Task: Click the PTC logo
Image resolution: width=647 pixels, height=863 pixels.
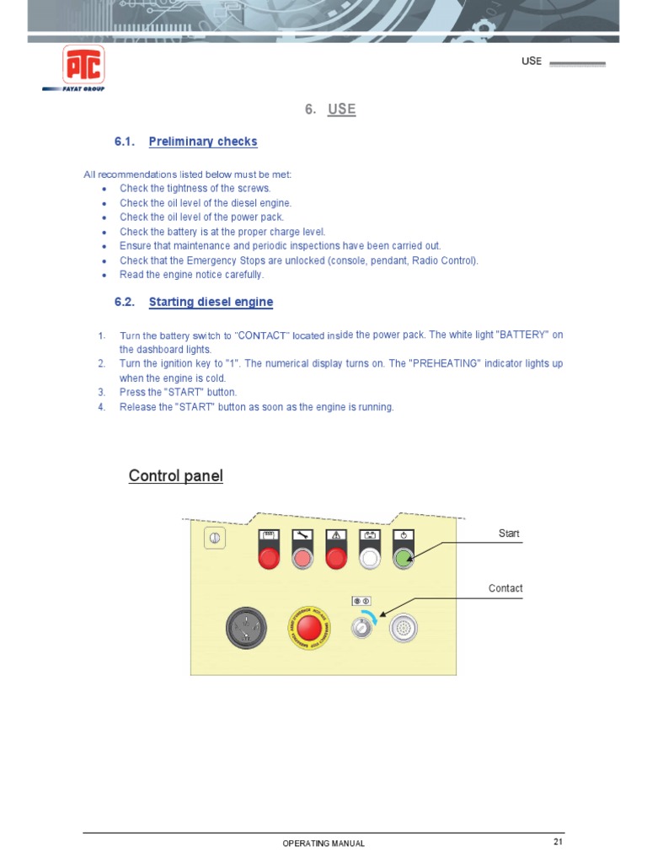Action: [83, 65]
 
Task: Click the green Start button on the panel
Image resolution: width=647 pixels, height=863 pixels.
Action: [404, 556]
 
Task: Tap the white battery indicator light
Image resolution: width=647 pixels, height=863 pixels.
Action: [370, 556]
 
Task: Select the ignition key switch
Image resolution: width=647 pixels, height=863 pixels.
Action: [361, 627]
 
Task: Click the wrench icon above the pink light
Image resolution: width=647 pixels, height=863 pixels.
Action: [302, 534]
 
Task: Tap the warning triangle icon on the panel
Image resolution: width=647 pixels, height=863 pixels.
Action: [336, 534]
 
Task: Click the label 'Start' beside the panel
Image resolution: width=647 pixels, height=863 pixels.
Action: [509, 533]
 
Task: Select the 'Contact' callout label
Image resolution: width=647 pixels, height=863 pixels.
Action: [505, 588]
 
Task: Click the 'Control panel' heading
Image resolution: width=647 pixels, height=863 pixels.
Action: [176, 476]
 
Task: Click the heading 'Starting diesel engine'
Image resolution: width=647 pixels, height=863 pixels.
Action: [211, 302]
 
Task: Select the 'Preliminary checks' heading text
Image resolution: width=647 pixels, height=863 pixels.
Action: [203, 142]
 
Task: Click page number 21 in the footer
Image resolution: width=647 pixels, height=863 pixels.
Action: [558, 842]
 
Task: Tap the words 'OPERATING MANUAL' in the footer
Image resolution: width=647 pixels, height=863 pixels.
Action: [323, 844]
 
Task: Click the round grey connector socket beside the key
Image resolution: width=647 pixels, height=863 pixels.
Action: [404, 628]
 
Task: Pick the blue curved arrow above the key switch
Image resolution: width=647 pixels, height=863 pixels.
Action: [372, 617]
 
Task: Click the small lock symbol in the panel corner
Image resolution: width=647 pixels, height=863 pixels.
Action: [215, 539]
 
